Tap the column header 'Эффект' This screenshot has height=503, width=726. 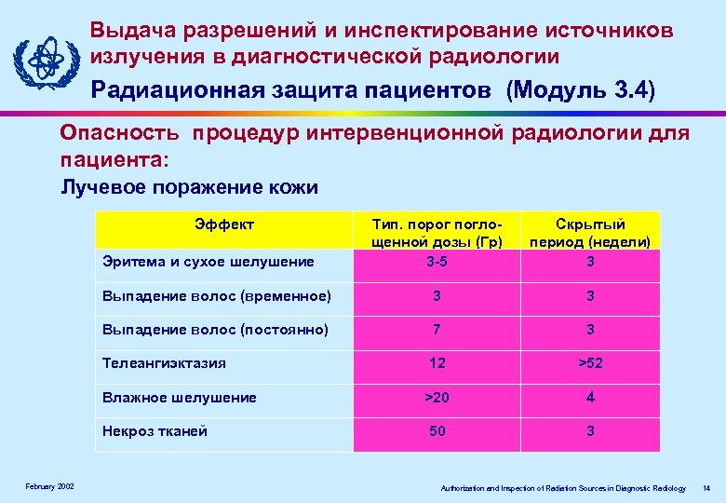tap(224, 224)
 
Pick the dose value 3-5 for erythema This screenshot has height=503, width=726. tap(436, 262)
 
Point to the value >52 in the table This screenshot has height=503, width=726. tap(590, 363)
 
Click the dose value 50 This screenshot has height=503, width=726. tap(436, 431)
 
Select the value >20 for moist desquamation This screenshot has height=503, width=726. tap(436, 398)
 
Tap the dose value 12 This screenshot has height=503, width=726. tap(436, 363)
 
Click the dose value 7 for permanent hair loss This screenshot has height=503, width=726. tap(436, 330)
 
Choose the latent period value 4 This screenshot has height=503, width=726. tap(590, 398)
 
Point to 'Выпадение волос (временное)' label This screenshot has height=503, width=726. tap(215, 296)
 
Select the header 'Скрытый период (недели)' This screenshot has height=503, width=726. tap(590, 234)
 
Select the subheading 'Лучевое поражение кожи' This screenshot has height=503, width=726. tap(190, 187)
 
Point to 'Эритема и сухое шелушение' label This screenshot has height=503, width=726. tap(208, 262)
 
